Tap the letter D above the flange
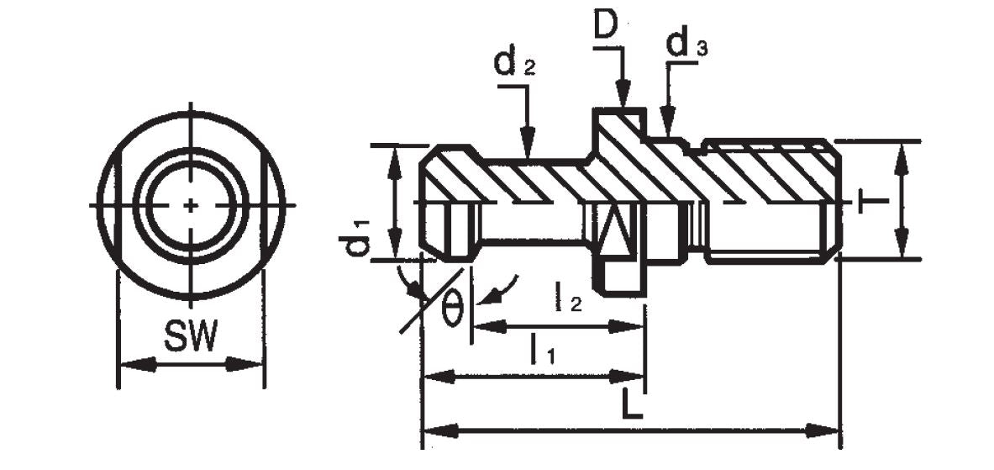pyautogui.click(x=606, y=25)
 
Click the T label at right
pyautogui.click(x=870, y=201)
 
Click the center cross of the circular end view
pyautogui.click(x=192, y=205)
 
